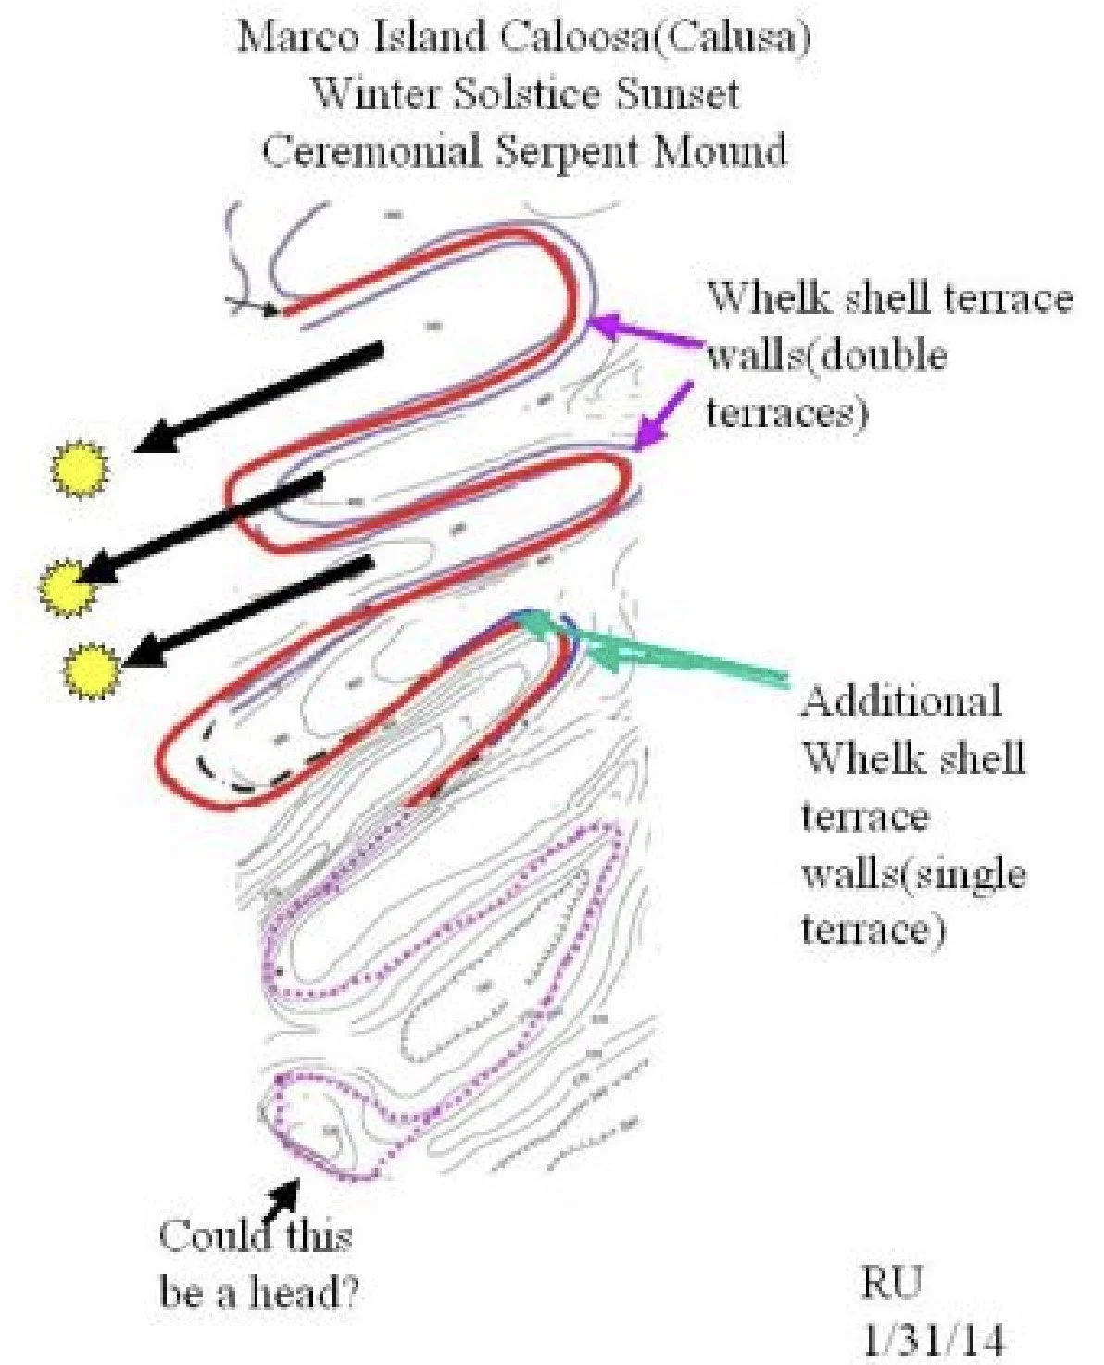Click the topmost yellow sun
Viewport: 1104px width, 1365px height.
(x=80, y=470)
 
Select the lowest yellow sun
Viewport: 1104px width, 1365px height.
(x=93, y=670)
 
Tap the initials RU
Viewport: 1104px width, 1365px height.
(x=893, y=1283)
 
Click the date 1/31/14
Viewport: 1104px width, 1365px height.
(x=933, y=1339)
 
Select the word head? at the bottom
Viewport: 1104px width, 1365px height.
(x=300, y=1293)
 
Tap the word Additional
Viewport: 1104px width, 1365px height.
(x=902, y=701)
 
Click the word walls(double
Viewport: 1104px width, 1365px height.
(x=827, y=356)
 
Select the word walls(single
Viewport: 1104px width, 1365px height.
(x=913, y=873)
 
